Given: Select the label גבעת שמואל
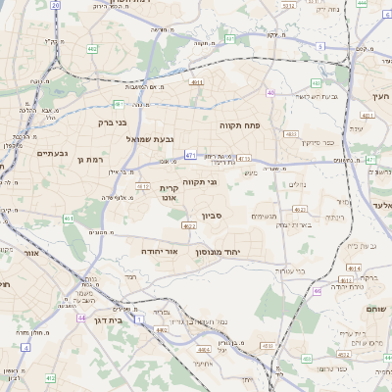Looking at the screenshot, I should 150,139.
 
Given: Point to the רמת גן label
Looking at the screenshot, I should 89,159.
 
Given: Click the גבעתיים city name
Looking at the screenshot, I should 52,153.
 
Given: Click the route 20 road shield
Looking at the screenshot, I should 56,5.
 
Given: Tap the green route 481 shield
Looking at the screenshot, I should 118,104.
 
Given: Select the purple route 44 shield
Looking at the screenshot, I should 81,318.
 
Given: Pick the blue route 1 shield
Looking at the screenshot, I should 139,320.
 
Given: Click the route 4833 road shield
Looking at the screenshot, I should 291,133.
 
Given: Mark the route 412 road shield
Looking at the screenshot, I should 143,186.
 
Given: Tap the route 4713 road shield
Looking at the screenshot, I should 244,158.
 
